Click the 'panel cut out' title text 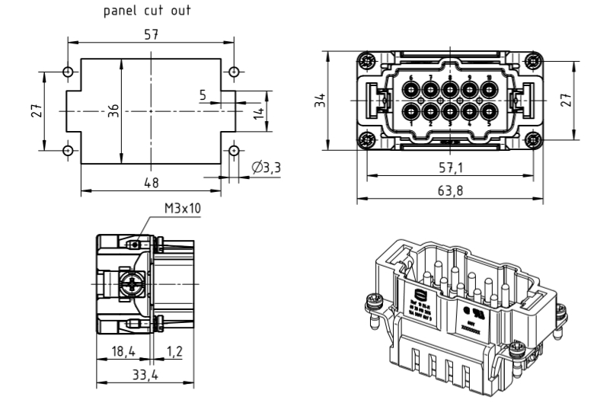[152, 11]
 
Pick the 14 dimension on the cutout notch [258, 111]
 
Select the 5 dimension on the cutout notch [203, 95]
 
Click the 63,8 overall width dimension [449, 190]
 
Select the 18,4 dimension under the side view [121, 352]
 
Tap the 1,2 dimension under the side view [176, 352]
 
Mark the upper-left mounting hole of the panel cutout [68, 72]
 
